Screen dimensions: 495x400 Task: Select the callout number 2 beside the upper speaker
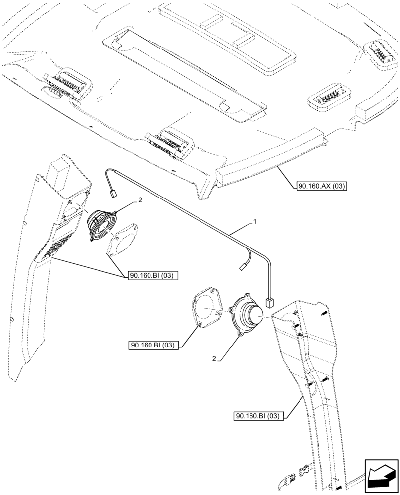pyautogui.click(x=140, y=201)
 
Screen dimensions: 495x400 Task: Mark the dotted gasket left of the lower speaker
pyautogui.click(x=206, y=307)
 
